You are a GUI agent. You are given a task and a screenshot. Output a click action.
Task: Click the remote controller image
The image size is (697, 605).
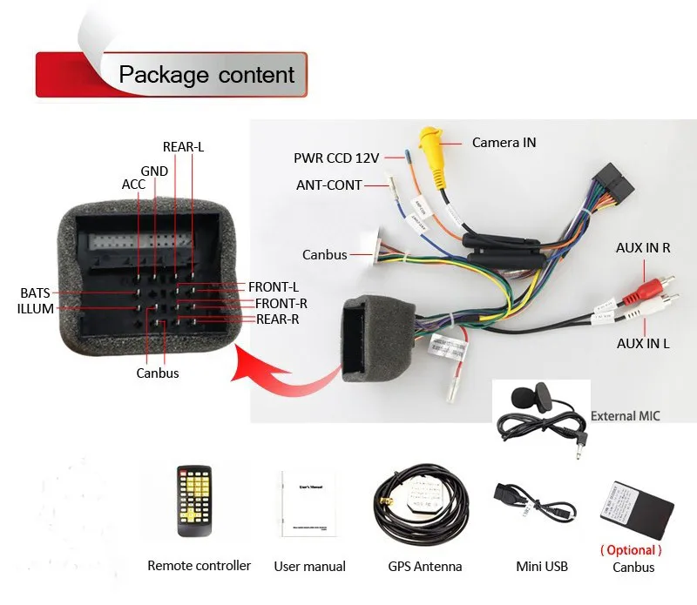(x=194, y=501)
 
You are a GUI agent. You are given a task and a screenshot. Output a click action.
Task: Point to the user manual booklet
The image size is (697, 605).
(x=308, y=502)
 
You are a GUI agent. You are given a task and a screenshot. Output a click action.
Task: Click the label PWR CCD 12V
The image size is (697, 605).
(x=336, y=158)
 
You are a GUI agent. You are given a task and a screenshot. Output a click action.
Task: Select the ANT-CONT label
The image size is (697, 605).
(x=328, y=185)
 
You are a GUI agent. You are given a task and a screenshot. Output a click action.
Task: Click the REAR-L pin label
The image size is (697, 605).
(x=183, y=147)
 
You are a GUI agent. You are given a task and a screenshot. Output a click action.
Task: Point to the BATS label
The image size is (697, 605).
(x=36, y=292)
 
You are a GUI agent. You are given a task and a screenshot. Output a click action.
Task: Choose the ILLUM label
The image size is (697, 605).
(x=36, y=308)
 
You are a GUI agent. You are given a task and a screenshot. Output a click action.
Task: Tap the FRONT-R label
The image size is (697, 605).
(x=281, y=303)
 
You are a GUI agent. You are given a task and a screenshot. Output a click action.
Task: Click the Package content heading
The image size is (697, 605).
(x=206, y=74)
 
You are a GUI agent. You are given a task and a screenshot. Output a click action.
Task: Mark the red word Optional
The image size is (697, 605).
(x=631, y=550)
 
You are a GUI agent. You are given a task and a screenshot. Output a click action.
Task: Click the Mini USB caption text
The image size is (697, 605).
(x=542, y=567)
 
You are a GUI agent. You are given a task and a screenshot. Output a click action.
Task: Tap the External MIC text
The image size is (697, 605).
(x=625, y=416)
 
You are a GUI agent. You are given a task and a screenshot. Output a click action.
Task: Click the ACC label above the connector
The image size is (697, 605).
(x=133, y=185)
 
